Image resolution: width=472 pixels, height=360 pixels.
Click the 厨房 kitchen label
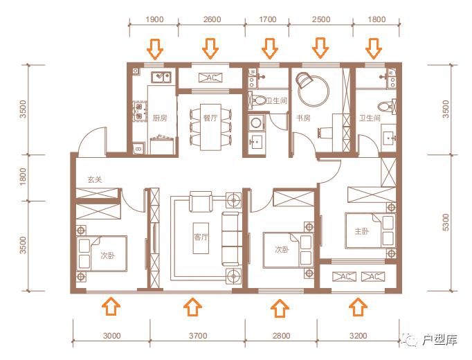coord(160,118)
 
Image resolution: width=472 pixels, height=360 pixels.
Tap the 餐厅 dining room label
coord(210,118)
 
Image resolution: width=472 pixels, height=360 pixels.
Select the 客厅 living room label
coord(201,237)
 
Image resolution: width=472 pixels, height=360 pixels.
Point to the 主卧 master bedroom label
coord(362,231)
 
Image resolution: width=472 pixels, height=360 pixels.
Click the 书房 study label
coord(303,118)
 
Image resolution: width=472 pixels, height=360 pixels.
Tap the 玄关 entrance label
coord(95,180)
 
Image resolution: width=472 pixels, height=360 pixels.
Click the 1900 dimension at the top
coord(154,19)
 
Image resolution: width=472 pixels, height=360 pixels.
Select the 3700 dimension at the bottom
coord(198,335)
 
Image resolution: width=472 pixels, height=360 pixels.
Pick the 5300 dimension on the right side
coord(446,222)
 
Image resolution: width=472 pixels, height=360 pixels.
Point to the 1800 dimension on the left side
coord(23,177)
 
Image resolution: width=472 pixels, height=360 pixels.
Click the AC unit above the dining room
coord(210,78)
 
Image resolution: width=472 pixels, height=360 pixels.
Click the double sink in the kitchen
coord(161,78)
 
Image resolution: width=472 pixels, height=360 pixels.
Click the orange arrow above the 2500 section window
coord(320,48)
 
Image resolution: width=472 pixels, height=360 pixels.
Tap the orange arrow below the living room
coord(192,307)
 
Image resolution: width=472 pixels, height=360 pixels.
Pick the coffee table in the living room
coord(201,238)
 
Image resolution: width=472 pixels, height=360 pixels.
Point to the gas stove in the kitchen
coord(139,111)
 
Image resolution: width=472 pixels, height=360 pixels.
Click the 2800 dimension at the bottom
coord(282,335)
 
